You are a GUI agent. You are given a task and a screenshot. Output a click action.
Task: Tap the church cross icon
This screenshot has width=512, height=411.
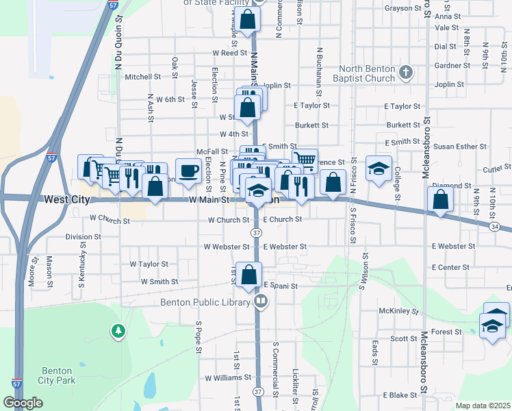point(406,71)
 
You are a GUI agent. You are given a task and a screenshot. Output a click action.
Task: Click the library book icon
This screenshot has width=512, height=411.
point(260,301)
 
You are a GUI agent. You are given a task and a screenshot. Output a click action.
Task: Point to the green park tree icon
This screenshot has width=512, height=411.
point(118,332)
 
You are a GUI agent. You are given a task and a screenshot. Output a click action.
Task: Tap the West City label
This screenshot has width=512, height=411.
point(67,199)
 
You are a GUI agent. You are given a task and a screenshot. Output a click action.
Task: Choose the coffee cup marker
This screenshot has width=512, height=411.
point(188,171)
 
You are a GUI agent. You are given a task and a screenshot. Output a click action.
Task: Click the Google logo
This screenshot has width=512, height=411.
point(23,403)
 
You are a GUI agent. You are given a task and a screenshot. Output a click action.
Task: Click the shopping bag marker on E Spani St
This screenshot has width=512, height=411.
point(249,275)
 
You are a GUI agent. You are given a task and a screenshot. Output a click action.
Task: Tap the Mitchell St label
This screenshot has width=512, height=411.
point(142,77)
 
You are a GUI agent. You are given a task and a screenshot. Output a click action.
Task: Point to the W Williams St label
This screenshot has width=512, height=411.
point(223,377)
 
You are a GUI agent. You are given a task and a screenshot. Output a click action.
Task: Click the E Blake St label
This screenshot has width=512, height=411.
point(400,395)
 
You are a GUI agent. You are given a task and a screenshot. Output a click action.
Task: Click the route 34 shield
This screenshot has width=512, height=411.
point(494,225)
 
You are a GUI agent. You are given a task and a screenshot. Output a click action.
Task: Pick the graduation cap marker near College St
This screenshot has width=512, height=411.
point(376,169)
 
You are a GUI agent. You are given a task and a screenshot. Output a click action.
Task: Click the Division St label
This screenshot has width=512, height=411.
point(83,237)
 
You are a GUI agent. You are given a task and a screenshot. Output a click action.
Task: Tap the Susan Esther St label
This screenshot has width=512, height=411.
point(461,147)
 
